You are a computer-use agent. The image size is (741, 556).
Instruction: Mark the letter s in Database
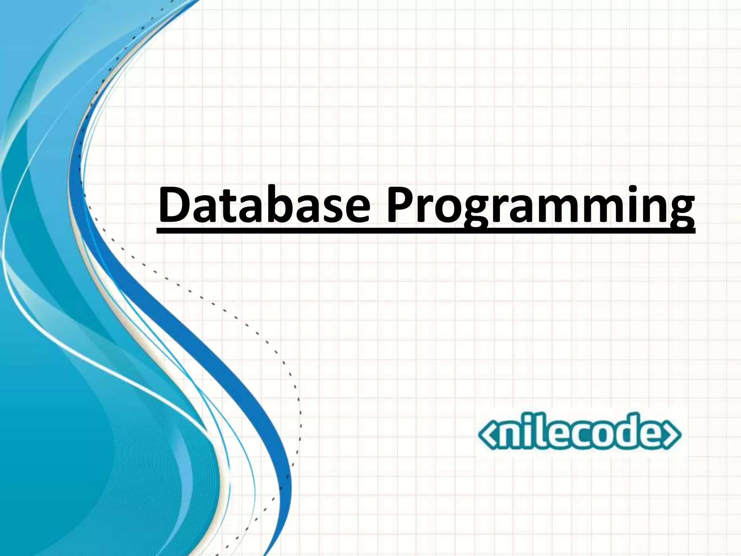point(334,209)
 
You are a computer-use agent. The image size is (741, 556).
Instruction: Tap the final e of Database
point(357,209)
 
